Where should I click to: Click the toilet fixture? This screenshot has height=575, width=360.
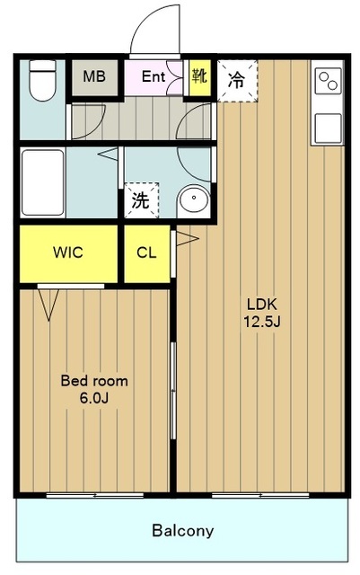point(42,80)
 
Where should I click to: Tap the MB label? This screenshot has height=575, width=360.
point(94,76)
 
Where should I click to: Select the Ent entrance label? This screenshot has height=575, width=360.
point(154,76)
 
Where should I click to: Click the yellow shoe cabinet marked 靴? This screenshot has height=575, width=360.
point(200,77)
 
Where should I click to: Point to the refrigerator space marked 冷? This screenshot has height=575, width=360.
point(237,80)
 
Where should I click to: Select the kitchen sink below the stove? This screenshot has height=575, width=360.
point(328,128)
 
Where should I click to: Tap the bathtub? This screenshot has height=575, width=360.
point(42,182)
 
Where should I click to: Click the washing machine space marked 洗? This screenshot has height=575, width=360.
point(141,200)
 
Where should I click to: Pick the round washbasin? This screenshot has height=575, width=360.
point(193,199)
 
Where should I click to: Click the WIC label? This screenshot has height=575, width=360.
point(68,252)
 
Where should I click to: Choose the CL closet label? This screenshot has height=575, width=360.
point(146,252)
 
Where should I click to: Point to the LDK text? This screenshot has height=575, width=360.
point(261,304)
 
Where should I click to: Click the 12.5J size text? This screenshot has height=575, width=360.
point(262,322)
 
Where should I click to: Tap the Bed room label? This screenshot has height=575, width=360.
point(94,381)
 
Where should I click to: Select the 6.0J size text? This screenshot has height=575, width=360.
point(94,398)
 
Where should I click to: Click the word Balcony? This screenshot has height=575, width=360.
point(182,531)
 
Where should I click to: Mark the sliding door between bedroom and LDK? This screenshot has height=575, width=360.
point(173,390)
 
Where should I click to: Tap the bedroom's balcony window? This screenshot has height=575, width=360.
point(94,495)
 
